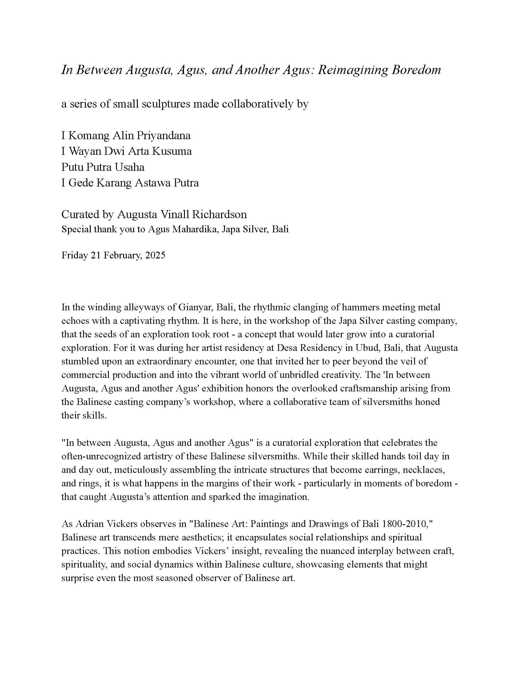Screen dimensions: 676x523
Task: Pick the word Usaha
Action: pos(130,167)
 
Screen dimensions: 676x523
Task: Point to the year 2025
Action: pos(155,255)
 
